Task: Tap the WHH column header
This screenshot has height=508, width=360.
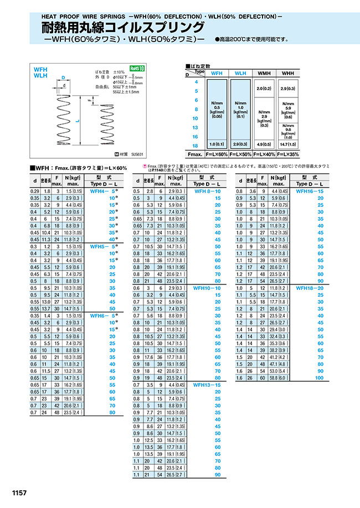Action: coord(288,73)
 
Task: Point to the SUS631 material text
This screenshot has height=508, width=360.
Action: coord(136,155)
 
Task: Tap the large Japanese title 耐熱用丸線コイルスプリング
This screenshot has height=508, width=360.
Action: coord(123,28)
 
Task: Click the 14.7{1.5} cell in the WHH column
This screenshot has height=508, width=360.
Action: coord(288,143)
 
